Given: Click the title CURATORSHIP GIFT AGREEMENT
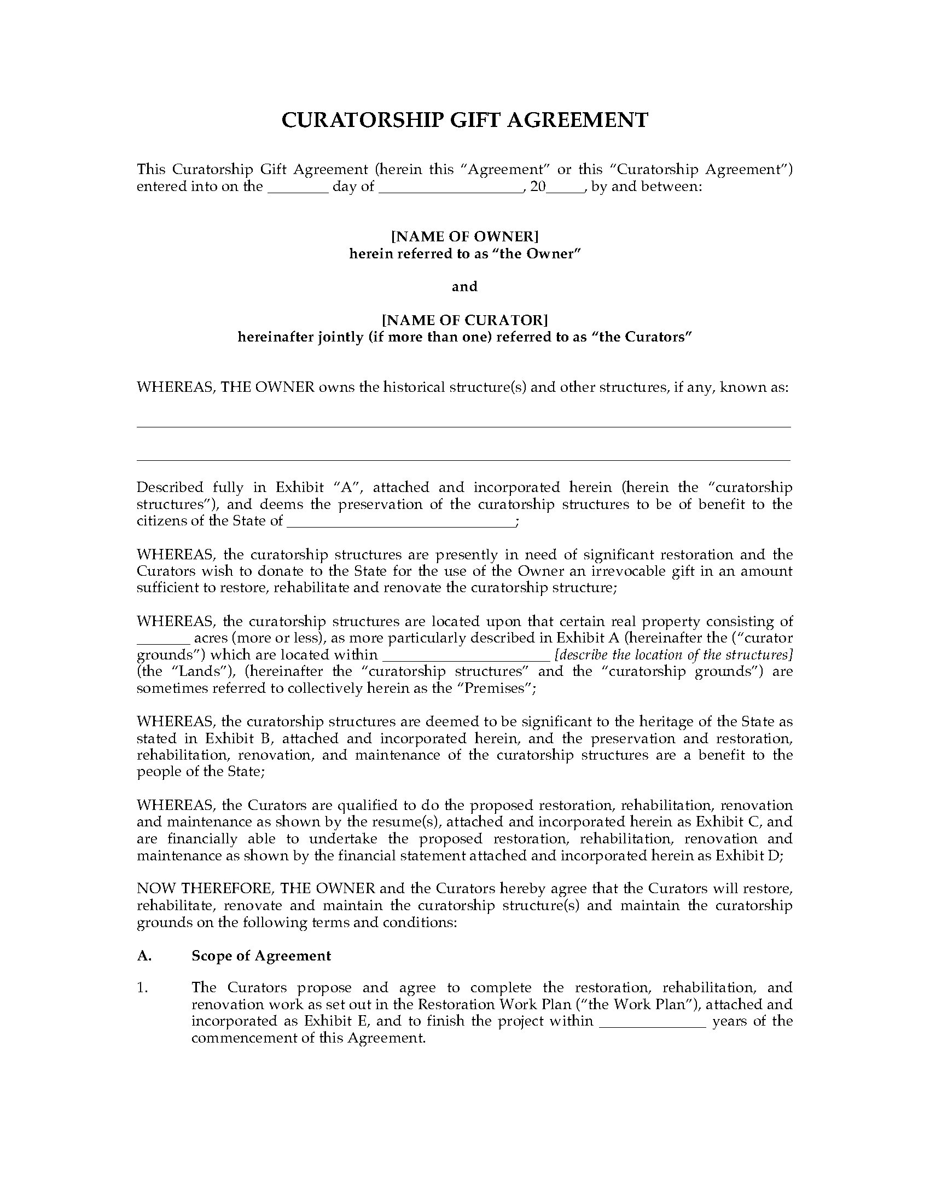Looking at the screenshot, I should click(x=464, y=120).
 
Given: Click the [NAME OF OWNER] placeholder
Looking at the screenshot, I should click(x=464, y=236).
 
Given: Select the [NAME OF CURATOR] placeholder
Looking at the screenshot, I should click(x=464, y=320).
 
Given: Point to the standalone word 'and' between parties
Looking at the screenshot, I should click(x=464, y=286).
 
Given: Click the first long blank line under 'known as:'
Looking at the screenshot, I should click(x=463, y=426).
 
